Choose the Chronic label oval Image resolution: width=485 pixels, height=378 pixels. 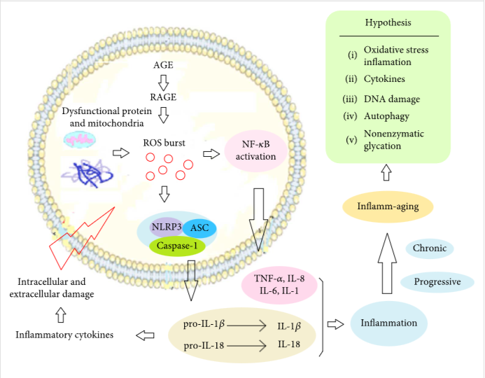point(430,248)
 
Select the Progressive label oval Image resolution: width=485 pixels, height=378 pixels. point(437,282)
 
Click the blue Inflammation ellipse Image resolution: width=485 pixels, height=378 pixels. point(388,323)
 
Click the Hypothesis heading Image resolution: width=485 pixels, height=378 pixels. point(388,22)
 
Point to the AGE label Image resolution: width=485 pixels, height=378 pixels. point(163,65)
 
